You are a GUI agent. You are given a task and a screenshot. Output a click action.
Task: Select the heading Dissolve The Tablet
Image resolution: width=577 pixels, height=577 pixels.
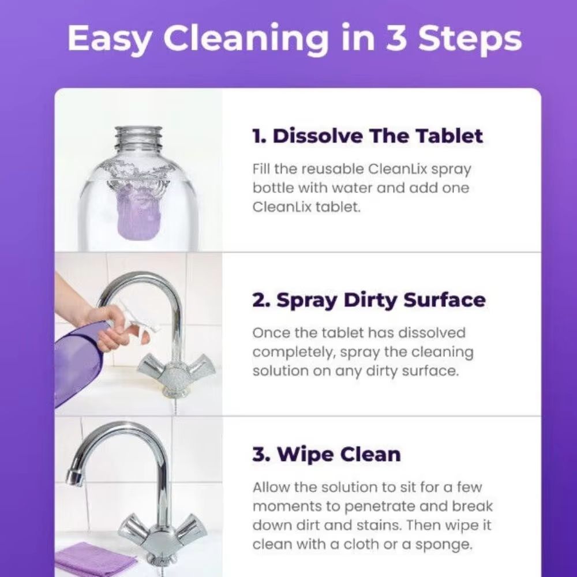point(368,136)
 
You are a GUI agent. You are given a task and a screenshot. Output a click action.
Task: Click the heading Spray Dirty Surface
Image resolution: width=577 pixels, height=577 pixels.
point(369,300)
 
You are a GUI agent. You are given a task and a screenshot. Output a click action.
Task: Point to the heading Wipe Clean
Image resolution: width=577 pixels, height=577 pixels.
point(326,454)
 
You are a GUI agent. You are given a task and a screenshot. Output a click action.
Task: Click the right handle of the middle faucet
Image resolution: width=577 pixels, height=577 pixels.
point(202,364)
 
